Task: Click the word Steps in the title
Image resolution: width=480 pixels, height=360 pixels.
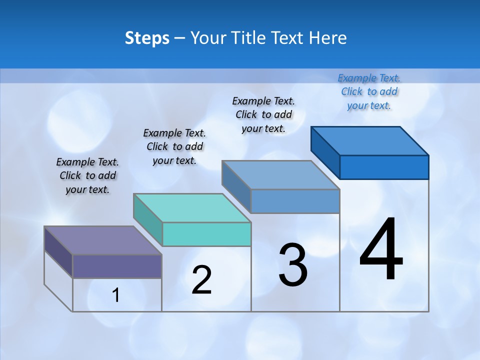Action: click(147, 38)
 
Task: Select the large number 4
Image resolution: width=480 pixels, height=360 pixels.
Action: click(381, 250)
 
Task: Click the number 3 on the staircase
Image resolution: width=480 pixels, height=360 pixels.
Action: click(293, 265)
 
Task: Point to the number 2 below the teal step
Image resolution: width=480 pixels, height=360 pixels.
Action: click(201, 279)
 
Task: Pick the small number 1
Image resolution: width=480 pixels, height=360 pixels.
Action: click(116, 295)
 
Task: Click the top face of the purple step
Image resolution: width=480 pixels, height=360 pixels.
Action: click(102, 240)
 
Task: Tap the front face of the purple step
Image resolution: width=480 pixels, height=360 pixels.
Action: click(117, 266)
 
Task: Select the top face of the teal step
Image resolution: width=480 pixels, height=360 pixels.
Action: click(191, 207)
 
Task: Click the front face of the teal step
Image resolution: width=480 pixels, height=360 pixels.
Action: click(206, 234)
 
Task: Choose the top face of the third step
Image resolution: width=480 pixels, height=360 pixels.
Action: click(280, 175)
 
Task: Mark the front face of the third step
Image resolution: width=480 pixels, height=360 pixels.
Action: click(295, 201)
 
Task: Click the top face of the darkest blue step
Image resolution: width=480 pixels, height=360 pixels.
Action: click(369, 140)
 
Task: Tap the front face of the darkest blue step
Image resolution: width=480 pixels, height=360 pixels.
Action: click(384, 167)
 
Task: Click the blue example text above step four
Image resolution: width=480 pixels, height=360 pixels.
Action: click(369, 91)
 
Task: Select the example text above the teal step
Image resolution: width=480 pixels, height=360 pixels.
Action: click(174, 146)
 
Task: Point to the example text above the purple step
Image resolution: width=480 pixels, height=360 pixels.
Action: click(87, 175)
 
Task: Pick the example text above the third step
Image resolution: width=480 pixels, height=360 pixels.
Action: click(263, 114)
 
